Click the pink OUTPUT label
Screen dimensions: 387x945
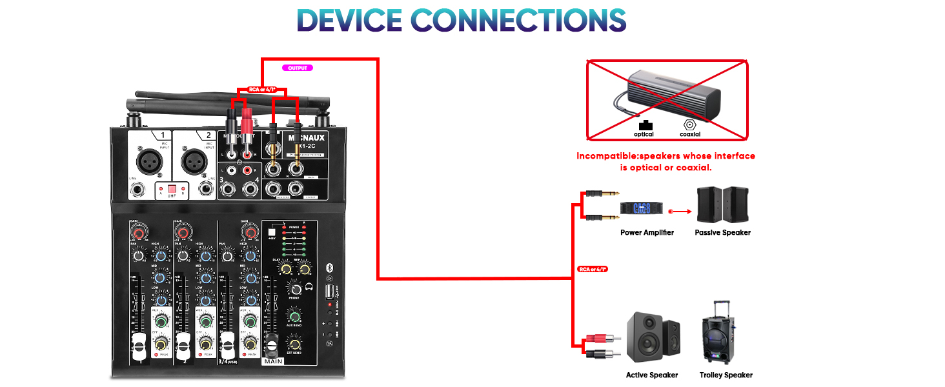[298, 67]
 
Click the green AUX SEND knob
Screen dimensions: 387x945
[294, 315]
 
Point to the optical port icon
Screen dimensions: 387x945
[644, 124]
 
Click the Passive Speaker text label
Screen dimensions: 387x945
[722, 233]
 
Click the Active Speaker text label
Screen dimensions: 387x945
[651, 375]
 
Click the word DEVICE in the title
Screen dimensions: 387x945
[349, 21]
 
